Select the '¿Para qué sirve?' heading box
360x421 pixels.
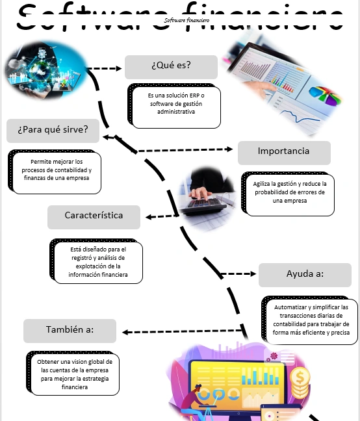[53, 130]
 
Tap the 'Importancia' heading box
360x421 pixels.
[283, 152]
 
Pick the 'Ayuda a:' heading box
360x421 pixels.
[305, 275]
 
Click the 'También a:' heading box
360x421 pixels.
[70, 331]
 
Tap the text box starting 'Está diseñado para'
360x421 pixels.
[97, 262]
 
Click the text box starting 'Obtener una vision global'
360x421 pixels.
[74, 374]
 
